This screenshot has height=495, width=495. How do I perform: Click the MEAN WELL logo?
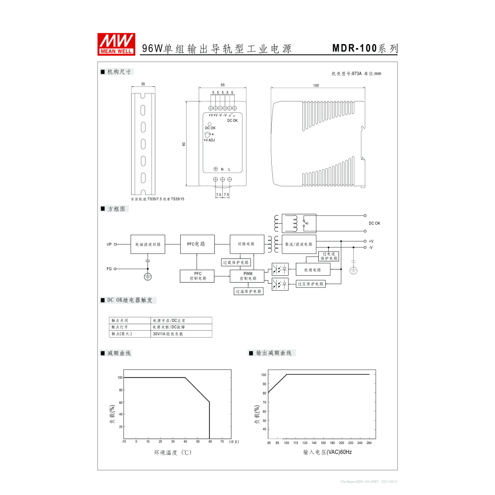click(116, 44)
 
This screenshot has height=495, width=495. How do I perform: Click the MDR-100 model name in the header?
click(354, 48)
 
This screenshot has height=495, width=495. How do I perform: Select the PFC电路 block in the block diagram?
click(197, 244)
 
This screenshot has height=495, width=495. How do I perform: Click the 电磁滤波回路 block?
click(148, 244)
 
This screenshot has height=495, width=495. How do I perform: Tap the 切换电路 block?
click(247, 244)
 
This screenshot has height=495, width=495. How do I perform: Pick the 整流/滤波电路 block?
click(298, 244)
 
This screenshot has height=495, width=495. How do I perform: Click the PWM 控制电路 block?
click(247, 276)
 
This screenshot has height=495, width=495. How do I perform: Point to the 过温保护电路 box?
click(248, 292)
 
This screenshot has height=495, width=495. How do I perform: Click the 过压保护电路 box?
click(310, 284)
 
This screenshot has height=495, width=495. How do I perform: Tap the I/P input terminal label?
click(109, 244)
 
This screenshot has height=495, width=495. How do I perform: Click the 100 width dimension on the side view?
click(316, 86)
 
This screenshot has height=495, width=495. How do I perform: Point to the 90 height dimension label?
click(184, 144)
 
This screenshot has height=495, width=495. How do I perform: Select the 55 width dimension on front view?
click(223, 85)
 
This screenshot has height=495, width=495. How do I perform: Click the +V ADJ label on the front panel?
click(209, 140)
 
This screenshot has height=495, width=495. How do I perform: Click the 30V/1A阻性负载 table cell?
click(168, 334)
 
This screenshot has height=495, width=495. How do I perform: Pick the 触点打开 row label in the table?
click(120, 327)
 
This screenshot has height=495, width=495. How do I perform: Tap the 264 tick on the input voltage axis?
click(369, 443)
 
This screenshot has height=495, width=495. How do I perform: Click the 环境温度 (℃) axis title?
click(172, 452)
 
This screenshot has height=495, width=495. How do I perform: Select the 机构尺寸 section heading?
click(119, 72)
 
